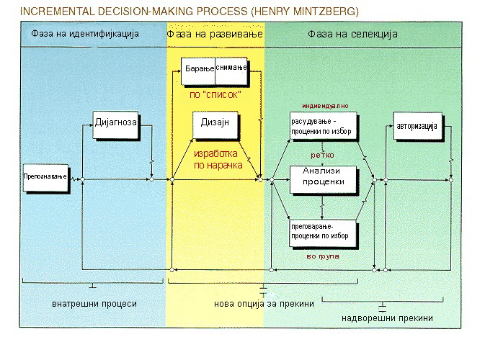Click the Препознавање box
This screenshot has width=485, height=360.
[x=46, y=175]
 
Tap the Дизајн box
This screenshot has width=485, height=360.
[x=215, y=125]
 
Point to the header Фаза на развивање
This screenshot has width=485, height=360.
[x=215, y=34]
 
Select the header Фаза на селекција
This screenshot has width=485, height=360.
[x=353, y=34]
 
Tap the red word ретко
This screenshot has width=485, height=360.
[x=321, y=153]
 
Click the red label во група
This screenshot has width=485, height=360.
[x=322, y=256]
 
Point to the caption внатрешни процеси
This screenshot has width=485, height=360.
[x=94, y=303]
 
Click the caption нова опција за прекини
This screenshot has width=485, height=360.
[x=264, y=304]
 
